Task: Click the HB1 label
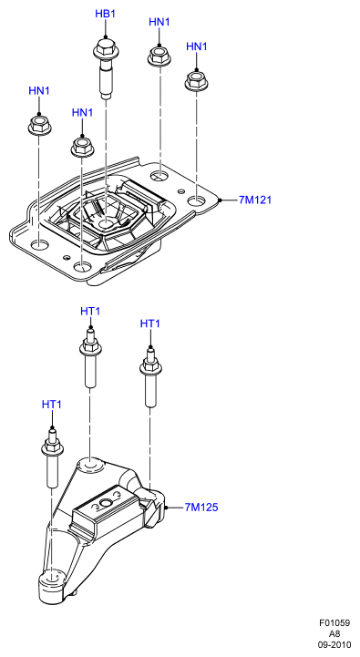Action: coord(105,14)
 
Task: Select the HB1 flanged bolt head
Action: coord(105,49)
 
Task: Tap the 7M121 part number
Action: coord(255,200)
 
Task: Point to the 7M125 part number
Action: coord(201,508)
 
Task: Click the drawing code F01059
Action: coord(334,623)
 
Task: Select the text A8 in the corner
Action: coord(334,633)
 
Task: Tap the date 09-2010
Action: coord(334,644)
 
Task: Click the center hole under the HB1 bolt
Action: coord(106,223)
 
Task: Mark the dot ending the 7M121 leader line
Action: coord(220,200)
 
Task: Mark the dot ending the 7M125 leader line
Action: coord(167,508)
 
